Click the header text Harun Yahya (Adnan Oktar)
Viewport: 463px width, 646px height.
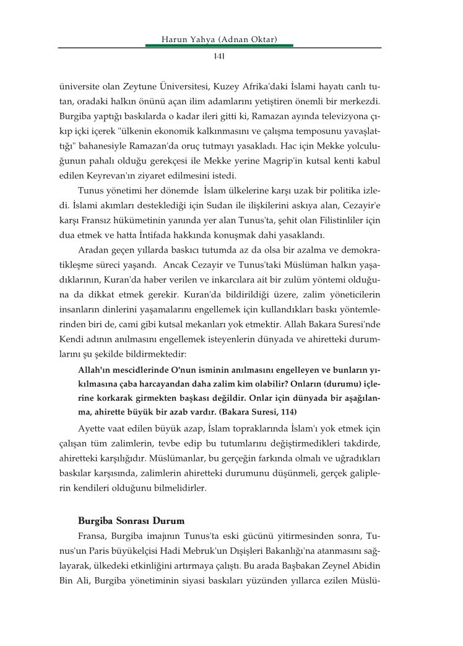pos(219,40)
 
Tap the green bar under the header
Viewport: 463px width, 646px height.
pos(219,45)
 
